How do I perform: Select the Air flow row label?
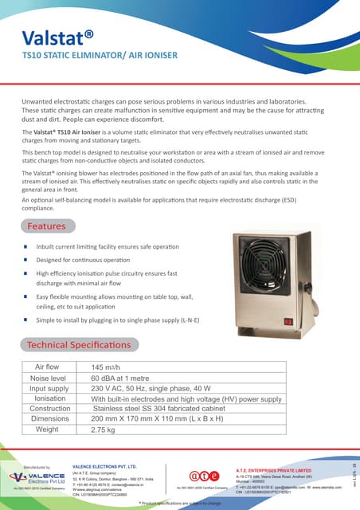pyautogui.click(x=49, y=367)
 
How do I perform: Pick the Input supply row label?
pyautogui.click(x=49, y=388)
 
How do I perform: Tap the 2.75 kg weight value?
pyautogui.click(x=110, y=430)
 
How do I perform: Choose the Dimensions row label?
pyautogui.click(x=49, y=419)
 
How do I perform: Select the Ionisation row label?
pyautogui.click(x=49, y=398)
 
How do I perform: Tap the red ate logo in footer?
pyautogui.click(x=198, y=477)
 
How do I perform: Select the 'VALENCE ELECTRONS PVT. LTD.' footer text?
pyautogui.click(x=104, y=466)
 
